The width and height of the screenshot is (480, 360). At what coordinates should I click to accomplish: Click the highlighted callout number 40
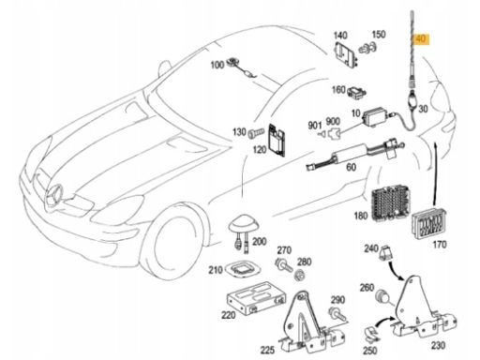421,39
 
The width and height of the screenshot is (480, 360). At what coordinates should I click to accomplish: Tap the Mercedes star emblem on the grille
55,196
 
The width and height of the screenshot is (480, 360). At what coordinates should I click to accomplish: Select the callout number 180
361,216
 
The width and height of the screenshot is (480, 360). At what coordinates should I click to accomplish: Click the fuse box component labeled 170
428,222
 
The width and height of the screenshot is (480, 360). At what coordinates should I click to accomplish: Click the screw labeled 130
256,134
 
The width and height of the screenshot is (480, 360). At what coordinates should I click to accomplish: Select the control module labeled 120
277,141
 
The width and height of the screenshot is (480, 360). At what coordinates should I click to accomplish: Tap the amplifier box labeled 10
375,117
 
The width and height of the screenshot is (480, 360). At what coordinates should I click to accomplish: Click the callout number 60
351,167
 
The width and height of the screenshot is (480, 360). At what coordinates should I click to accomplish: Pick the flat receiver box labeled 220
256,298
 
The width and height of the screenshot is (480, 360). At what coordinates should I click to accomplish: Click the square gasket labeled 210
242,269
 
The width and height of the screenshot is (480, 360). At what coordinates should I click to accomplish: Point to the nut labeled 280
300,276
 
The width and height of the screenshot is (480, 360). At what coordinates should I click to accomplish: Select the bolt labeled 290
337,314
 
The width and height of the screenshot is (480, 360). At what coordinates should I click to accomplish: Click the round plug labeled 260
382,295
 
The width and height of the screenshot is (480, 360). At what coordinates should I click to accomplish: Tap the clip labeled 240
385,252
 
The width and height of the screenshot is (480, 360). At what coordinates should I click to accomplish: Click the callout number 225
267,350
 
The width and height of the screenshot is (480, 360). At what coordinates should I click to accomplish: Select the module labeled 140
346,53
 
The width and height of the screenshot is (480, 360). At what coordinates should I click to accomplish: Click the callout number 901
315,126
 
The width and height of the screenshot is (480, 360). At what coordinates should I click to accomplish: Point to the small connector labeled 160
356,92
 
